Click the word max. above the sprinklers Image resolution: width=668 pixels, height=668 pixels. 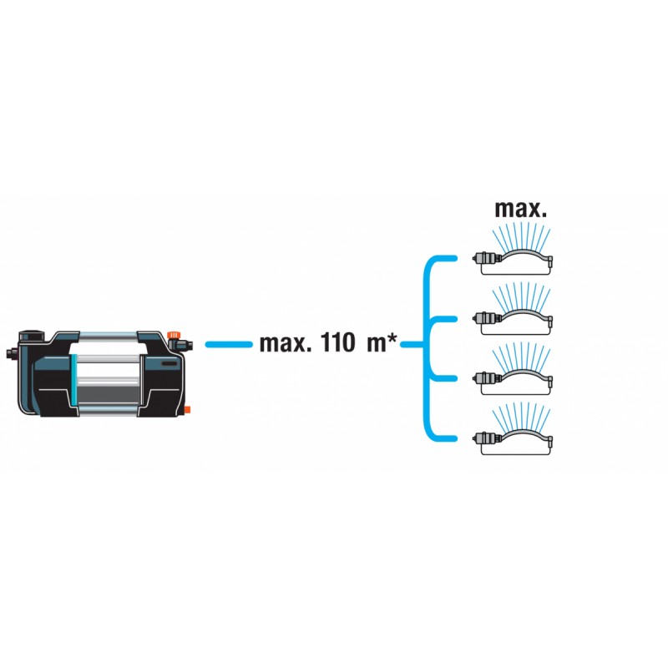520,210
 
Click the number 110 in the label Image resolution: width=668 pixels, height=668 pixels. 337,342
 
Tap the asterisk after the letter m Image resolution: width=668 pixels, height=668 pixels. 392,339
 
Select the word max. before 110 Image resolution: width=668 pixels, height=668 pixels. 286,343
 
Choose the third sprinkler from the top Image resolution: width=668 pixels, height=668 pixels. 513,372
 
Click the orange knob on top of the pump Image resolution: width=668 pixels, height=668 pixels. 174,335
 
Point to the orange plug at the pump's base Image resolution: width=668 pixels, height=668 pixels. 187,411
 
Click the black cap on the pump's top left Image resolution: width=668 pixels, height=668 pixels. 31,336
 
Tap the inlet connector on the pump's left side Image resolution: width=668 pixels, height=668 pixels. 12,352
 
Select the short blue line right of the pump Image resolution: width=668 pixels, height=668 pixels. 229,344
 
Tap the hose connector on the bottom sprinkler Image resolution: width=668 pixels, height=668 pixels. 486,438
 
